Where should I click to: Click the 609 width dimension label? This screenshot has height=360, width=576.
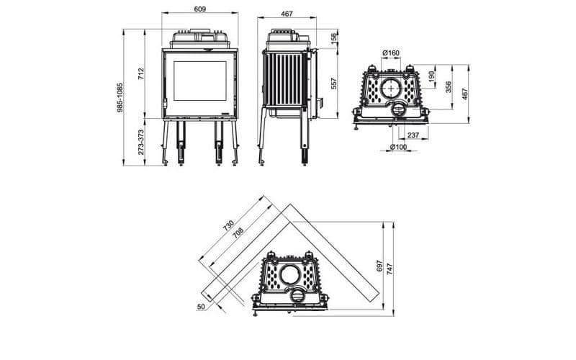pos(200,9)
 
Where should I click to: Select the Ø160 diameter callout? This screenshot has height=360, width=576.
pos(391,53)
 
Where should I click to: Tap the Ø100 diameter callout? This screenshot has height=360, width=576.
pos(397,148)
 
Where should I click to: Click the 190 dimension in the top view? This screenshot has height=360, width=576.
pos(431,75)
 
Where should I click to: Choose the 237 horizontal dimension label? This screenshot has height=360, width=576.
pos(413,134)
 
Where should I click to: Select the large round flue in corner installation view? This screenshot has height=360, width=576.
pos(292,274)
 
